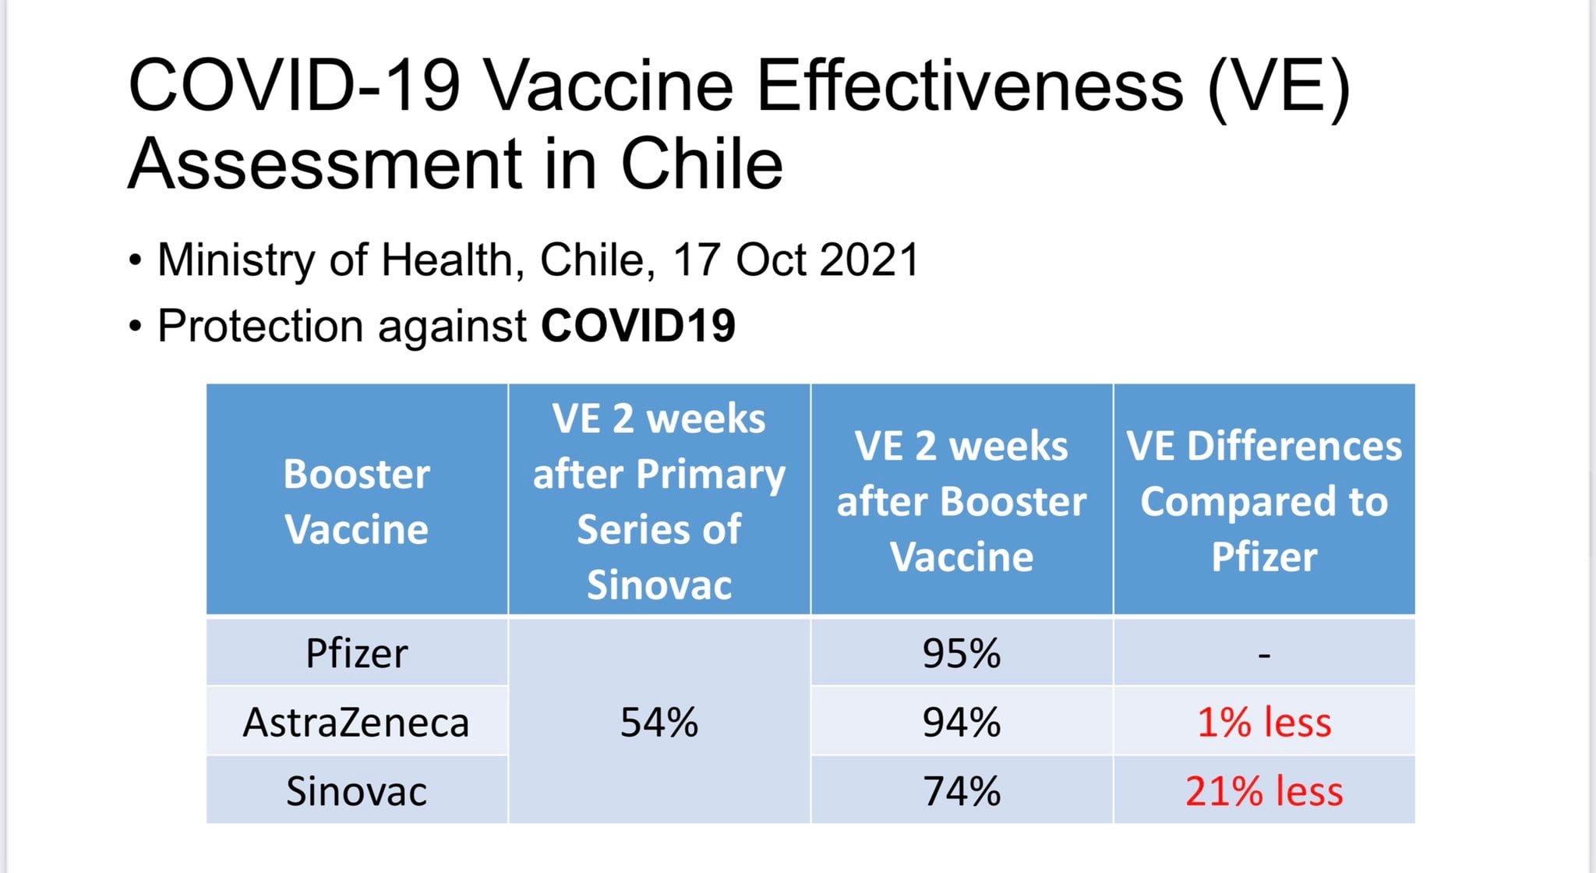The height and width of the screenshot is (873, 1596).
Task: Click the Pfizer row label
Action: [356, 653]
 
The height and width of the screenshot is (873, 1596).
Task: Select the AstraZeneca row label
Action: [356, 723]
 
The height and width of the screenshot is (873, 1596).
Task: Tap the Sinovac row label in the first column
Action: [356, 791]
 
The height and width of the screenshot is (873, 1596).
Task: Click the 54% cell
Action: [659, 723]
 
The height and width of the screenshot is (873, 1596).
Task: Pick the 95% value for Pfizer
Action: [961, 653]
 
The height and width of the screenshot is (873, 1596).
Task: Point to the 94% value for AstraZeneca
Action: [961, 723]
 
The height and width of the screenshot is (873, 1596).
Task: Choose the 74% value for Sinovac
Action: [961, 791]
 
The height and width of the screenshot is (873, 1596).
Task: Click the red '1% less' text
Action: [1263, 723]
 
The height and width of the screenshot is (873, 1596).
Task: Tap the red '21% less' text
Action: [1263, 791]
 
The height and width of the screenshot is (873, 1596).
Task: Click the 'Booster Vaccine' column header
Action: [356, 501]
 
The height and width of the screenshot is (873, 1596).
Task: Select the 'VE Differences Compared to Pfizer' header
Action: [1263, 501]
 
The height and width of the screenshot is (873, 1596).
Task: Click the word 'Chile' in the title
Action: [701, 164]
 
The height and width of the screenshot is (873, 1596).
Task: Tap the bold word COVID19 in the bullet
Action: [638, 325]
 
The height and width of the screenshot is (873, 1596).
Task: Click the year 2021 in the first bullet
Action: [869, 260]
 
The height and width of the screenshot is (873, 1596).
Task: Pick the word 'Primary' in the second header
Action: [710, 474]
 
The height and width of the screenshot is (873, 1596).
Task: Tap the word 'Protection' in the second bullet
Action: [260, 326]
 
